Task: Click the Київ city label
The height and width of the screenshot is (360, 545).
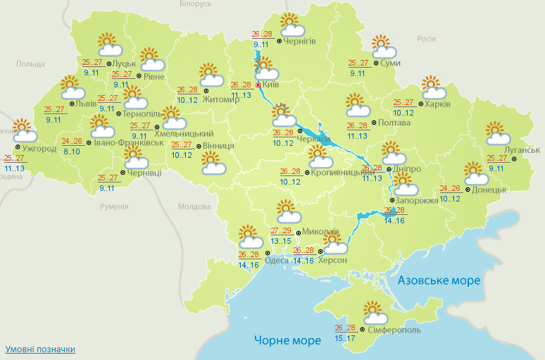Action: [x=271, y=85]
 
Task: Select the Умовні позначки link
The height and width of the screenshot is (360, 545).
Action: [x=40, y=349]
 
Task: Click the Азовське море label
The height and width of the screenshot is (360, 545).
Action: [x=439, y=280]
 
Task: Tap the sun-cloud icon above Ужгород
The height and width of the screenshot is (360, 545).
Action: [x=25, y=131]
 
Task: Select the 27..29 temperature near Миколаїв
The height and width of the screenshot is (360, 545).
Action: [x=282, y=231]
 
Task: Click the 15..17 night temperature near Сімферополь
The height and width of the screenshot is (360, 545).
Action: [x=345, y=339]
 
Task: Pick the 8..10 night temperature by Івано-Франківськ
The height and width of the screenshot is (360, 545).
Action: [x=71, y=151]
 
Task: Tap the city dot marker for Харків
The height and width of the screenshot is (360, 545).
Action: [x=420, y=104]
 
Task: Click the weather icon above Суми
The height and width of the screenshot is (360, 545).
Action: [x=383, y=47]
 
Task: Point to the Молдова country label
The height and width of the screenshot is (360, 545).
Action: [x=194, y=207]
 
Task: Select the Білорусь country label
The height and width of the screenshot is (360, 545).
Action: [x=195, y=4]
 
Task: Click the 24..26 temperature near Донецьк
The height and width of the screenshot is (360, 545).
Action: [x=450, y=188]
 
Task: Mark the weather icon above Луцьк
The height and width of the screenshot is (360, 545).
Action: [x=109, y=45]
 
